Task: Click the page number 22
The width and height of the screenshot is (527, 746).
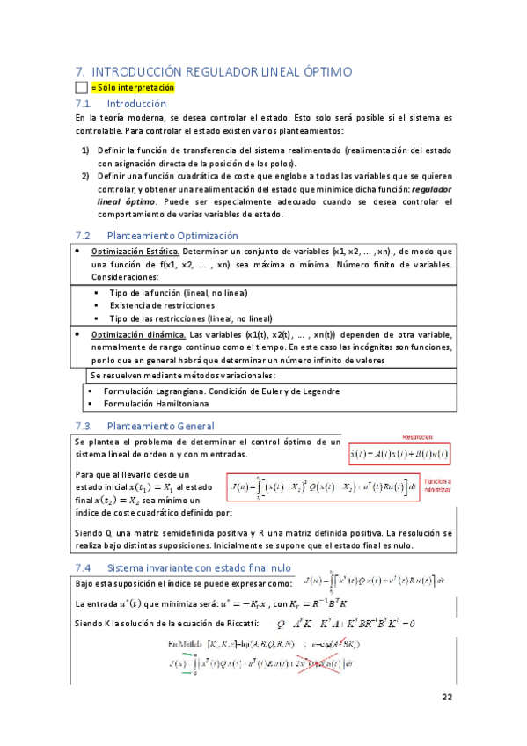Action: click(x=446, y=697)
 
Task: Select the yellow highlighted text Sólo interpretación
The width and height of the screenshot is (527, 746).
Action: click(x=132, y=88)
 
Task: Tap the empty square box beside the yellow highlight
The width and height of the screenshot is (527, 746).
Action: click(x=82, y=88)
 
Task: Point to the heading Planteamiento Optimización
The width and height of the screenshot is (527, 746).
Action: click(x=172, y=236)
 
